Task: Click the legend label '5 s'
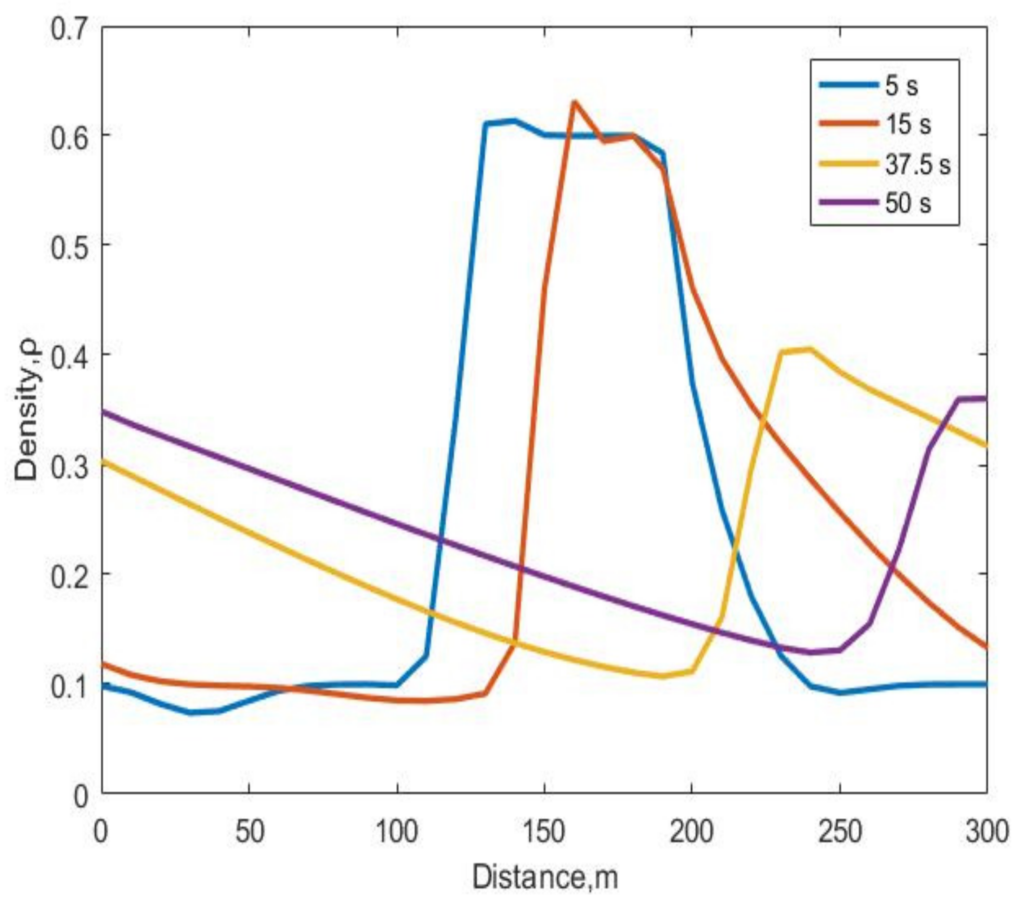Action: click(901, 86)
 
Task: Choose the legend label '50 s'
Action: click(908, 203)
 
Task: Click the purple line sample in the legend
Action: click(849, 202)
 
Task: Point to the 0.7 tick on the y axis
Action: click(73, 26)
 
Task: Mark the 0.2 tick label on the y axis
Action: click(73, 574)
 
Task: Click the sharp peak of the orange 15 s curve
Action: click(574, 102)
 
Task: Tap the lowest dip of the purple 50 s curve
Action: click(810, 652)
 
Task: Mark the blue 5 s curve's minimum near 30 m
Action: click(191, 712)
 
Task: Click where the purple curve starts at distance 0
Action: click(103, 412)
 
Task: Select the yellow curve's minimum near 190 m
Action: click(663, 676)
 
